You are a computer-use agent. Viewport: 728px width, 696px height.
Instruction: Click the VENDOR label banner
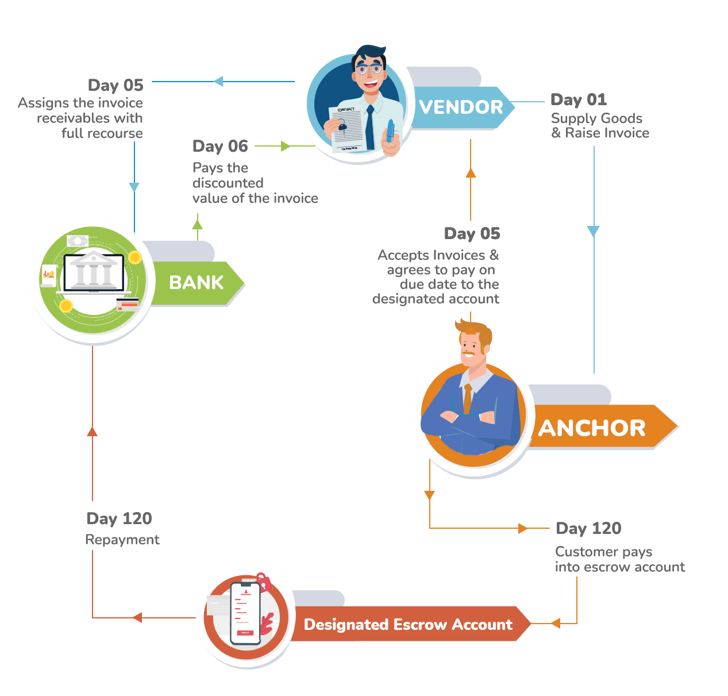point(461,107)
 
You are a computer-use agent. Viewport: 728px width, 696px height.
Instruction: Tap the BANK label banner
point(196,283)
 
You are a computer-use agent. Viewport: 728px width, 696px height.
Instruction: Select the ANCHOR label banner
point(592,428)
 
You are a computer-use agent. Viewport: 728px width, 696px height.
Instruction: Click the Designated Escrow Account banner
point(408,625)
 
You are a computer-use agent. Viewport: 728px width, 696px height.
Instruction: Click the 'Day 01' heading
point(579,100)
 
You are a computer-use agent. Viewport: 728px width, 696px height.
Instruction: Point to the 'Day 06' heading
point(220,147)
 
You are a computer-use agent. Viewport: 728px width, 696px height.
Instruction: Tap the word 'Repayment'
point(122,540)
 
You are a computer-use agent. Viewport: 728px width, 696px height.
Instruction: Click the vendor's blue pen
point(390,130)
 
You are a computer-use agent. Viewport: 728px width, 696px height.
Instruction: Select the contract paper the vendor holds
point(346,128)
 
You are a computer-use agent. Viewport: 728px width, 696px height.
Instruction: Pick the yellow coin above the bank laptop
point(135,257)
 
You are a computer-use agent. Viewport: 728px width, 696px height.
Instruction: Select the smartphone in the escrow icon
point(245,613)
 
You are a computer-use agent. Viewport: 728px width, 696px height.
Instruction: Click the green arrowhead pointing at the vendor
point(285,147)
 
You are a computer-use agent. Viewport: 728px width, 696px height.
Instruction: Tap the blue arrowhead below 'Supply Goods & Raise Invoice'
point(593,231)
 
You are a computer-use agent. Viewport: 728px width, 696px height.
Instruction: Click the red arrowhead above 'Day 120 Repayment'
point(92,431)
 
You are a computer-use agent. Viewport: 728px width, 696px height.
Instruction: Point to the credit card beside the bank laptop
point(128,304)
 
